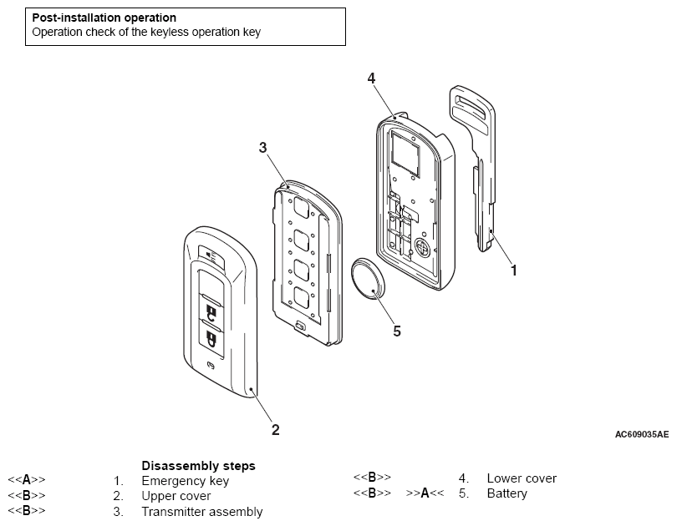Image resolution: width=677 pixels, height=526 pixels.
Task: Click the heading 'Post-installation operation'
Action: click(x=104, y=18)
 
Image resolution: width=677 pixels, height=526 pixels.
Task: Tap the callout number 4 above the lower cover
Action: click(x=371, y=78)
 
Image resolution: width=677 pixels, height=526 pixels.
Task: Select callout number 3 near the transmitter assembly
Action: click(x=262, y=148)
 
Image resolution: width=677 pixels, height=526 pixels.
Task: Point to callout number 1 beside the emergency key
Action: click(x=514, y=270)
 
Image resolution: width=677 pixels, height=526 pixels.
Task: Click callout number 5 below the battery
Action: click(x=397, y=331)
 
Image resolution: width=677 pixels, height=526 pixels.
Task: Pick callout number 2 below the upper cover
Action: click(x=275, y=430)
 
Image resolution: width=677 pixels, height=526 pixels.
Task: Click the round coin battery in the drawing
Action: click(x=369, y=279)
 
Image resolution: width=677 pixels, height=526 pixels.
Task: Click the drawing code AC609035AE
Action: click(x=641, y=434)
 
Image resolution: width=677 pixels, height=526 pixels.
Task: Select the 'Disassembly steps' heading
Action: click(x=198, y=465)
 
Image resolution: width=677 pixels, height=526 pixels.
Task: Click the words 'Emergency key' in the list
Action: click(x=185, y=481)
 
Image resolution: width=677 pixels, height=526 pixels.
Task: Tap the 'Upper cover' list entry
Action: click(x=176, y=496)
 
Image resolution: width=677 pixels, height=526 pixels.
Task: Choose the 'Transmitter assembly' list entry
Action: click(x=202, y=511)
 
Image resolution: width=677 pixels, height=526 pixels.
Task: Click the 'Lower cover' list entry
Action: click(x=522, y=478)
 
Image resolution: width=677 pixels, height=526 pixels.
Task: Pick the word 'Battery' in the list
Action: click(x=507, y=493)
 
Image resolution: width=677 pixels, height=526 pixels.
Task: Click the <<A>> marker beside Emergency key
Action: click(x=27, y=480)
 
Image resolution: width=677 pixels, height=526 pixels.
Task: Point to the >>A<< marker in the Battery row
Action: click(x=425, y=493)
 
